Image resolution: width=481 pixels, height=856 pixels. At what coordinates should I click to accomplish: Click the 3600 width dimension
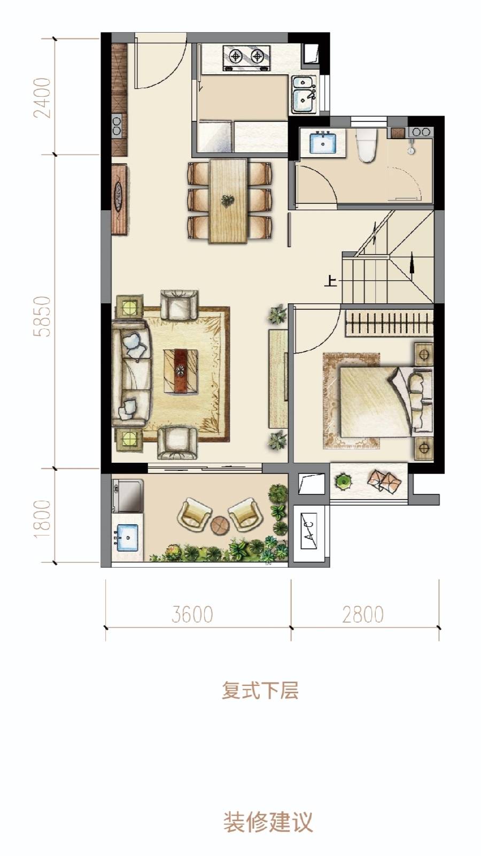coord(192,614)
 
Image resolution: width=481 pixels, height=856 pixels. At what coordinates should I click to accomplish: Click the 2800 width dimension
coord(363,614)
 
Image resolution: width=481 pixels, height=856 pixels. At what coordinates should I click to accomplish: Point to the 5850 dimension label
coord(42,316)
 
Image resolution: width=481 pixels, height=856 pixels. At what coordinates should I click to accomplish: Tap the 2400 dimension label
coord(42,97)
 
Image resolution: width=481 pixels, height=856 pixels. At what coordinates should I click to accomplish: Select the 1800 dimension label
coord(42,518)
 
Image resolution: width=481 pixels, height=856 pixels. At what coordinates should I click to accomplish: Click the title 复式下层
coord(260,690)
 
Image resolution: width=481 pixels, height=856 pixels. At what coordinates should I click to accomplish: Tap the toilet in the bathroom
coord(366,145)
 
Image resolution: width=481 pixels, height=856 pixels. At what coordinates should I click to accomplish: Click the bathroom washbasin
coord(323,142)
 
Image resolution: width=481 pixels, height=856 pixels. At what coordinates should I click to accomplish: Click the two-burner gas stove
coord(246,58)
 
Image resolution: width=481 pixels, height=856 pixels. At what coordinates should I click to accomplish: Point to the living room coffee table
coord(181,371)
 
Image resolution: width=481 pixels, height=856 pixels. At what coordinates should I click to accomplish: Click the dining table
coord(228,201)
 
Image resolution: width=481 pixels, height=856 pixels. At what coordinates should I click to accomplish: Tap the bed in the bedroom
coord(385,401)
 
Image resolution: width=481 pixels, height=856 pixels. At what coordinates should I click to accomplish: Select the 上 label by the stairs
coord(331,281)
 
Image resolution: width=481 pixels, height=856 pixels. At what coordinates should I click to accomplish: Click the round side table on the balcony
coord(220,525)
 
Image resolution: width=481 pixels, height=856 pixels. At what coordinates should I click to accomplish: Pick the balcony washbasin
coord(128,538)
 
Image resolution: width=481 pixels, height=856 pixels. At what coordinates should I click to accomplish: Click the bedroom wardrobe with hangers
coord(390,323)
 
